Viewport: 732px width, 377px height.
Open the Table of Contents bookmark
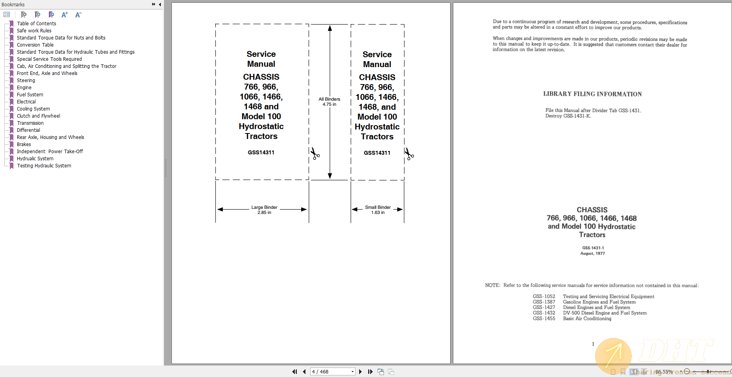tap(36, 24)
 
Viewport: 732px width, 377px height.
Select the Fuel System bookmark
tap(30, 95)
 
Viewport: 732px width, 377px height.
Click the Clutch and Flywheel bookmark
tap(38, 116)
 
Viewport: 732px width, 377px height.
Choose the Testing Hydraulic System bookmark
tap(44, 166)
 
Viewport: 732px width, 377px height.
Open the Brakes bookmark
tap(24, 144)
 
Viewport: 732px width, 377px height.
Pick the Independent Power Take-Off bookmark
tap(50, 152)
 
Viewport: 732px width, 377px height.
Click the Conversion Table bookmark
tap(35, 45)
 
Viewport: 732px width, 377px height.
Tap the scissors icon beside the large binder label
tap(315, 154)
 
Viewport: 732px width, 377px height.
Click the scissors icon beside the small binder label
tap(410, 154)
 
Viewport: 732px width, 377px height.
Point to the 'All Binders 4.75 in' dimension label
tap(329, 102)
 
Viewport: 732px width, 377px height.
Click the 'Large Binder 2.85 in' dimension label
tap(264, 210)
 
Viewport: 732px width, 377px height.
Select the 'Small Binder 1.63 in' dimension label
tap(378, 210)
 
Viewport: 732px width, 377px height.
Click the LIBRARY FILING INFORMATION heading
tap(592, 94)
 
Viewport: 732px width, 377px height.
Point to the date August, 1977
tap(592, 253)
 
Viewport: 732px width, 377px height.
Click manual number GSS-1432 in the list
tap(544, 313)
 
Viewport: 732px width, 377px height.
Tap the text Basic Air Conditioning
tap(587, 319)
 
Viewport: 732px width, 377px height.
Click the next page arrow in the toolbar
tap(360, 371)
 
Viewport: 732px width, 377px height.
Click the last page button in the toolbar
tap(370, 371)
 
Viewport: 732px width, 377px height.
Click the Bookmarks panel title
tap(13, 4)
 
